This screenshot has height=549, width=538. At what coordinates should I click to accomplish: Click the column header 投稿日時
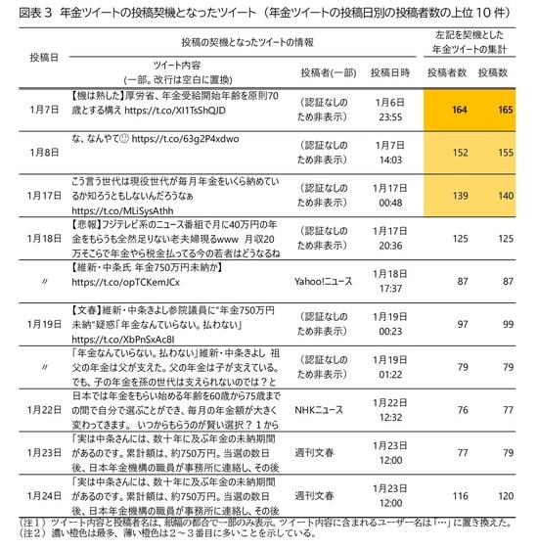tap(390, 74)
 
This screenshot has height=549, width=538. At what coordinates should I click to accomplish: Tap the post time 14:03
tap(390, 160)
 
